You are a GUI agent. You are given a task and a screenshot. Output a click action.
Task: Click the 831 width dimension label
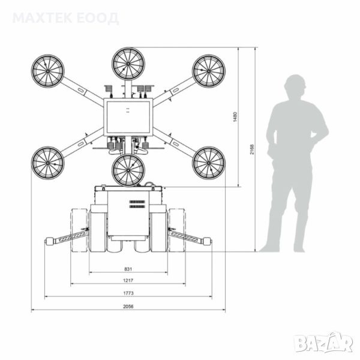128,269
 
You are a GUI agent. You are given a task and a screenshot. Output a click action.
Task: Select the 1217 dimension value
128,280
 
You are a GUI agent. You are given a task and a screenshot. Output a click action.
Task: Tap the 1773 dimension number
128,293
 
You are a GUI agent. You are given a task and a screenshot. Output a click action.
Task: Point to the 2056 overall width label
128,306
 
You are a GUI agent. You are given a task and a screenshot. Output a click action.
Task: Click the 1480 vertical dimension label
235,116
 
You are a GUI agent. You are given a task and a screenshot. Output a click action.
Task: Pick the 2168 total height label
252,149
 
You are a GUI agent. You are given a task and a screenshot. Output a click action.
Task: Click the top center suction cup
128,64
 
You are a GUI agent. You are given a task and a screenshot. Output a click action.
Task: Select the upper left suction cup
48,71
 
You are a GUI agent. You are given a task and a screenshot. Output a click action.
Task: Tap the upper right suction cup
209,71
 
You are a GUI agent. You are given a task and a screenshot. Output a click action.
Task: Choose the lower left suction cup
48,163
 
